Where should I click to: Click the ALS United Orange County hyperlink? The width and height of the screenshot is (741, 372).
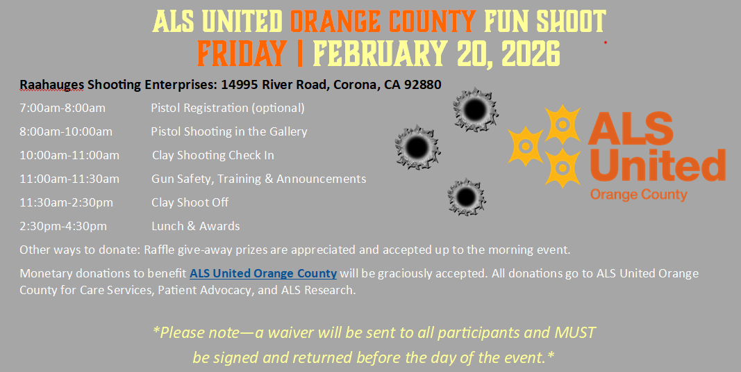pyautogui.click(x=263, y=273)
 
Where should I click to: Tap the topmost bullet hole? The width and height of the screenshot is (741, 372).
pyautogui.click(x=475, y=110)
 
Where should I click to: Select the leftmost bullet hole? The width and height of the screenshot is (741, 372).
pyautogui.click(x=417, y=147)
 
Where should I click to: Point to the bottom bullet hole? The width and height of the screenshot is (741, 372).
pyautogui.click(x=467, y=197)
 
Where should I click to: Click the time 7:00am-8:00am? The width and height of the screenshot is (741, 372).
pyautogui.click(x=63, y=108)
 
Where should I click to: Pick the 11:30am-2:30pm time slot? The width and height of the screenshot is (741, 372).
pyautogui.click(x=66, y=203)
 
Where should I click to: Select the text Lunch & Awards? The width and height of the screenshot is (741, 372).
pyautogui.click(x=196, y=226)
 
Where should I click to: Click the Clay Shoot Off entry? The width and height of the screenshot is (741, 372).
pyautogui.click(x=190, y=202)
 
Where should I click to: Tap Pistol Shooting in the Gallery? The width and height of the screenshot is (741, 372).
pyautogui.click(x=229, y=131)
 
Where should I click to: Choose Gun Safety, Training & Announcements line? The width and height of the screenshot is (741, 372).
pyautogui.click(x=259, y=179)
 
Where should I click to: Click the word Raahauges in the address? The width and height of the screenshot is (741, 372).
pyautogui.click(x=52, y=85)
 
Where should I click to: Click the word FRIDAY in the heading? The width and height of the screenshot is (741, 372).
pyautogui.click(x=242, y=53)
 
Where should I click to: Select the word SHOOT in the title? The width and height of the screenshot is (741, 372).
pyautogui.click(x=571, y=22)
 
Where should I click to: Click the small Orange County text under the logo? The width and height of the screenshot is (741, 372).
pyautogui.click(x=638, y=195)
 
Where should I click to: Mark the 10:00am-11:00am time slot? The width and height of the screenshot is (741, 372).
pyautogui.click(x=69, y=156)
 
